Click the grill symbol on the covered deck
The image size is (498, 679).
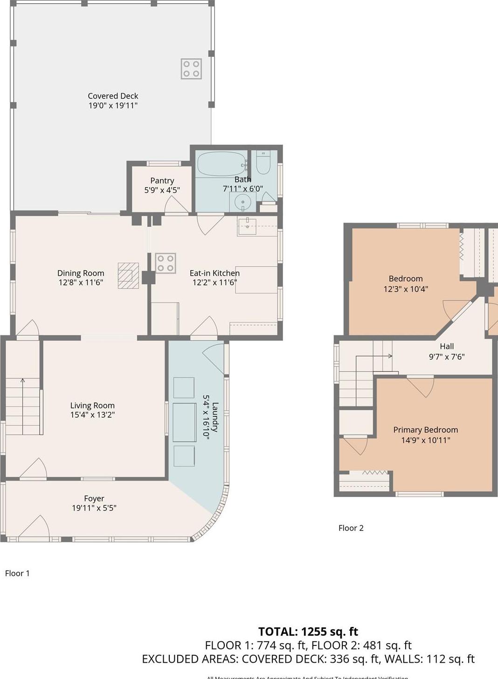191,69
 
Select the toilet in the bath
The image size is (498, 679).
263,162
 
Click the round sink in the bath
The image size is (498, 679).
242,202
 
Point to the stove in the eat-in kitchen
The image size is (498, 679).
166,263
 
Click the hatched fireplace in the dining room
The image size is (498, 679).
128,276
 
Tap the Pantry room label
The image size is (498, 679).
162,181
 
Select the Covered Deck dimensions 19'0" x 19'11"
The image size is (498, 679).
113,106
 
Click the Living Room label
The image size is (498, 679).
92,406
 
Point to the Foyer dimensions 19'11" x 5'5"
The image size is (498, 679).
94,508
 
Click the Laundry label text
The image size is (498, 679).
215,417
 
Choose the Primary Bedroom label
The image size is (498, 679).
425,430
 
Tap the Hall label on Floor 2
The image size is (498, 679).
447,346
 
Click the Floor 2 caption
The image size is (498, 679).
351,528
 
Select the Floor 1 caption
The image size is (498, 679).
17,573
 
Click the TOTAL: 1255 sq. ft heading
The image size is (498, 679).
308,632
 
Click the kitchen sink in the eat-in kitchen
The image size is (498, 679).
248,226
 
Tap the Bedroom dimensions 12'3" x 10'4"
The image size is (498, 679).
406,289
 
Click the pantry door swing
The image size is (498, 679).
176,205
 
